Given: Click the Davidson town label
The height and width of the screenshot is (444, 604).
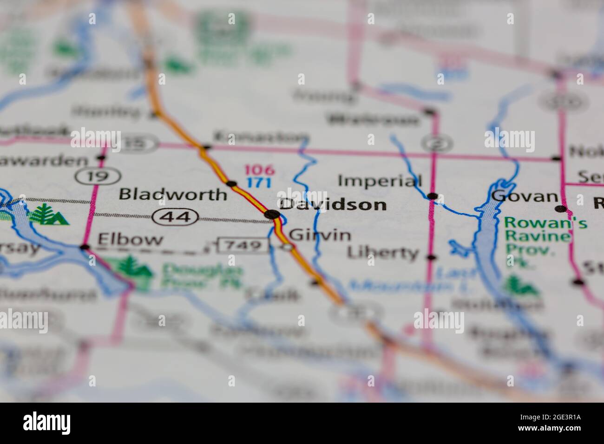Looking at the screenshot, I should click(x=333, y=204).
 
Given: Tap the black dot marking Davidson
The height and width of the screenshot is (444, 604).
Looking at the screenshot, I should click(x=272, y=214).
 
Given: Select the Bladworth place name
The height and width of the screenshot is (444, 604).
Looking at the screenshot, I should click(x=173, y=194).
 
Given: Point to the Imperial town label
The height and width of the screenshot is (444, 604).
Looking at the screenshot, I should click(x=380, y=181).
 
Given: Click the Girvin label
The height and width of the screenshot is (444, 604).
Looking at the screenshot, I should click(x=320, y=235).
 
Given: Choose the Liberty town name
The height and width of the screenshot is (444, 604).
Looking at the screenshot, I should click(x=383, y=253).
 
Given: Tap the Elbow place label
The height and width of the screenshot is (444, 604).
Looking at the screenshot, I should click(x=130, y=240).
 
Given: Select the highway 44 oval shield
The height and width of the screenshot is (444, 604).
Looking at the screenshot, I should click(x=176, y=216).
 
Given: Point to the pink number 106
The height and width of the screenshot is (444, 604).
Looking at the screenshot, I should click(x=260, y=170).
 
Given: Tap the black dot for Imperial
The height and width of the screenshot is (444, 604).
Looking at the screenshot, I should click(x=433, y=196).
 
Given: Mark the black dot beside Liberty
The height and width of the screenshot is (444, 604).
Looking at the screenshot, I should click(x=432, y=257).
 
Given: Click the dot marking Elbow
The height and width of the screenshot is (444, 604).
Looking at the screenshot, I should click(x=84, y=247).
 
